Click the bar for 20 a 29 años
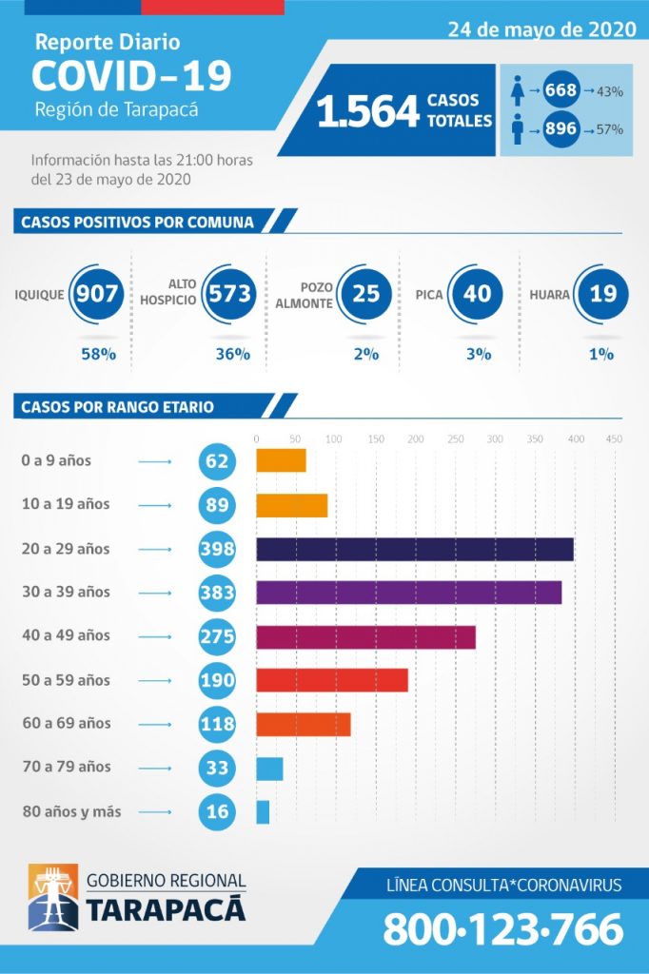[414, 549]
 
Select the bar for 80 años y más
[263, 811]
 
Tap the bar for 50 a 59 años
[331, 680]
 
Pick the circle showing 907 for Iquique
[96, 293]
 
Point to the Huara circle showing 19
[602, 293]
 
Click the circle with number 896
[560, 127]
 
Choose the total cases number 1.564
[367, 111]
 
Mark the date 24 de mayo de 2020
[542, 29]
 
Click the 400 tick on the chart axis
[575, 438]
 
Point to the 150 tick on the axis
[376, 438]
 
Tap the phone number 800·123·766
[502, 929]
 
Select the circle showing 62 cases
[217, 461]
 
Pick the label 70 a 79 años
[66, 767]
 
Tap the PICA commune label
[429, 294]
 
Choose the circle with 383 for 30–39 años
[217, 592]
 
